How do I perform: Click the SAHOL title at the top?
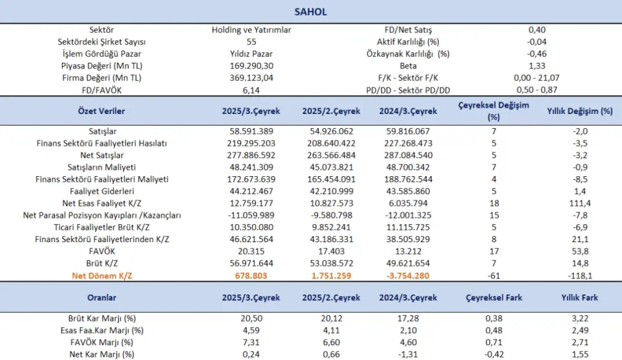tap(311, 12)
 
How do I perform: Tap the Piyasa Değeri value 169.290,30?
tap(251, 65)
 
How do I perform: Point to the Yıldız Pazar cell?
tap(251, 54)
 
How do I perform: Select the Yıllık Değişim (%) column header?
tap(580, 111)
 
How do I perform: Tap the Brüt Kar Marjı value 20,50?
tap(251, 319)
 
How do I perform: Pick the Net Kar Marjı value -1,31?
tap(409, 354)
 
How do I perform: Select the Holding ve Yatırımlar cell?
tap(251, 30)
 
